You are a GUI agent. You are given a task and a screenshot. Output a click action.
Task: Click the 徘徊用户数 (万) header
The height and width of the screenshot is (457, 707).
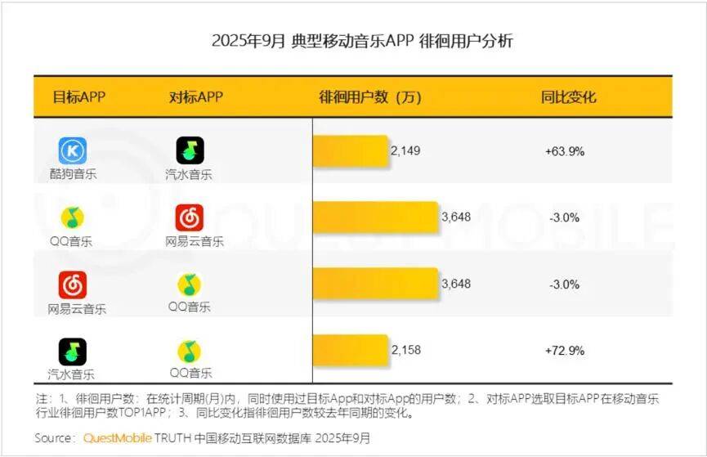coord(369,97)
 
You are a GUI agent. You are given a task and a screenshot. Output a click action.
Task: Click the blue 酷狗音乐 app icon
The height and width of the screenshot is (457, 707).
coord(72,151)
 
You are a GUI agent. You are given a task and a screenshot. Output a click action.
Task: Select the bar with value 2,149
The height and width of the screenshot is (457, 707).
coord(351,151)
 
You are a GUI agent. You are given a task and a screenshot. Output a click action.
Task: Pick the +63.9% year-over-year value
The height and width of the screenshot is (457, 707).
coord(564,151)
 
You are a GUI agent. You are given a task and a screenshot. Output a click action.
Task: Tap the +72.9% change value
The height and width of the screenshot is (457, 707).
coord(564,350)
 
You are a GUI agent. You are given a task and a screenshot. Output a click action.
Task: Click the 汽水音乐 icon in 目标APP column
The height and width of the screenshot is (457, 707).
coord(72,352)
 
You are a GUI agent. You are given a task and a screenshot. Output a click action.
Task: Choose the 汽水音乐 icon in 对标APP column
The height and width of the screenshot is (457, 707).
coord(190,151)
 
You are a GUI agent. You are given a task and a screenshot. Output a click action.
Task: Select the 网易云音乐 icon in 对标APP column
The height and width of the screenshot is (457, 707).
coord(190,217)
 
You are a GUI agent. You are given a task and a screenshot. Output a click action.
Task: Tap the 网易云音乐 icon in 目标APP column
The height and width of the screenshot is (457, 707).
coord(72,285)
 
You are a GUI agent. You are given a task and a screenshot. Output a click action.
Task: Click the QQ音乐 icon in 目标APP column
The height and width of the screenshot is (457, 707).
coord(72,217)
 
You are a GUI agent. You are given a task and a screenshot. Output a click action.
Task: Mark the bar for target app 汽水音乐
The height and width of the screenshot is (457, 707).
coord(351,350)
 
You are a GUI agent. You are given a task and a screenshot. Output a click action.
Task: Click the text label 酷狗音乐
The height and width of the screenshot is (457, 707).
coord(72,174)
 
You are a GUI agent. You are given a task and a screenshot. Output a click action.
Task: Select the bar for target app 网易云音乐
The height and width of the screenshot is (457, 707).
coord(376,285)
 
